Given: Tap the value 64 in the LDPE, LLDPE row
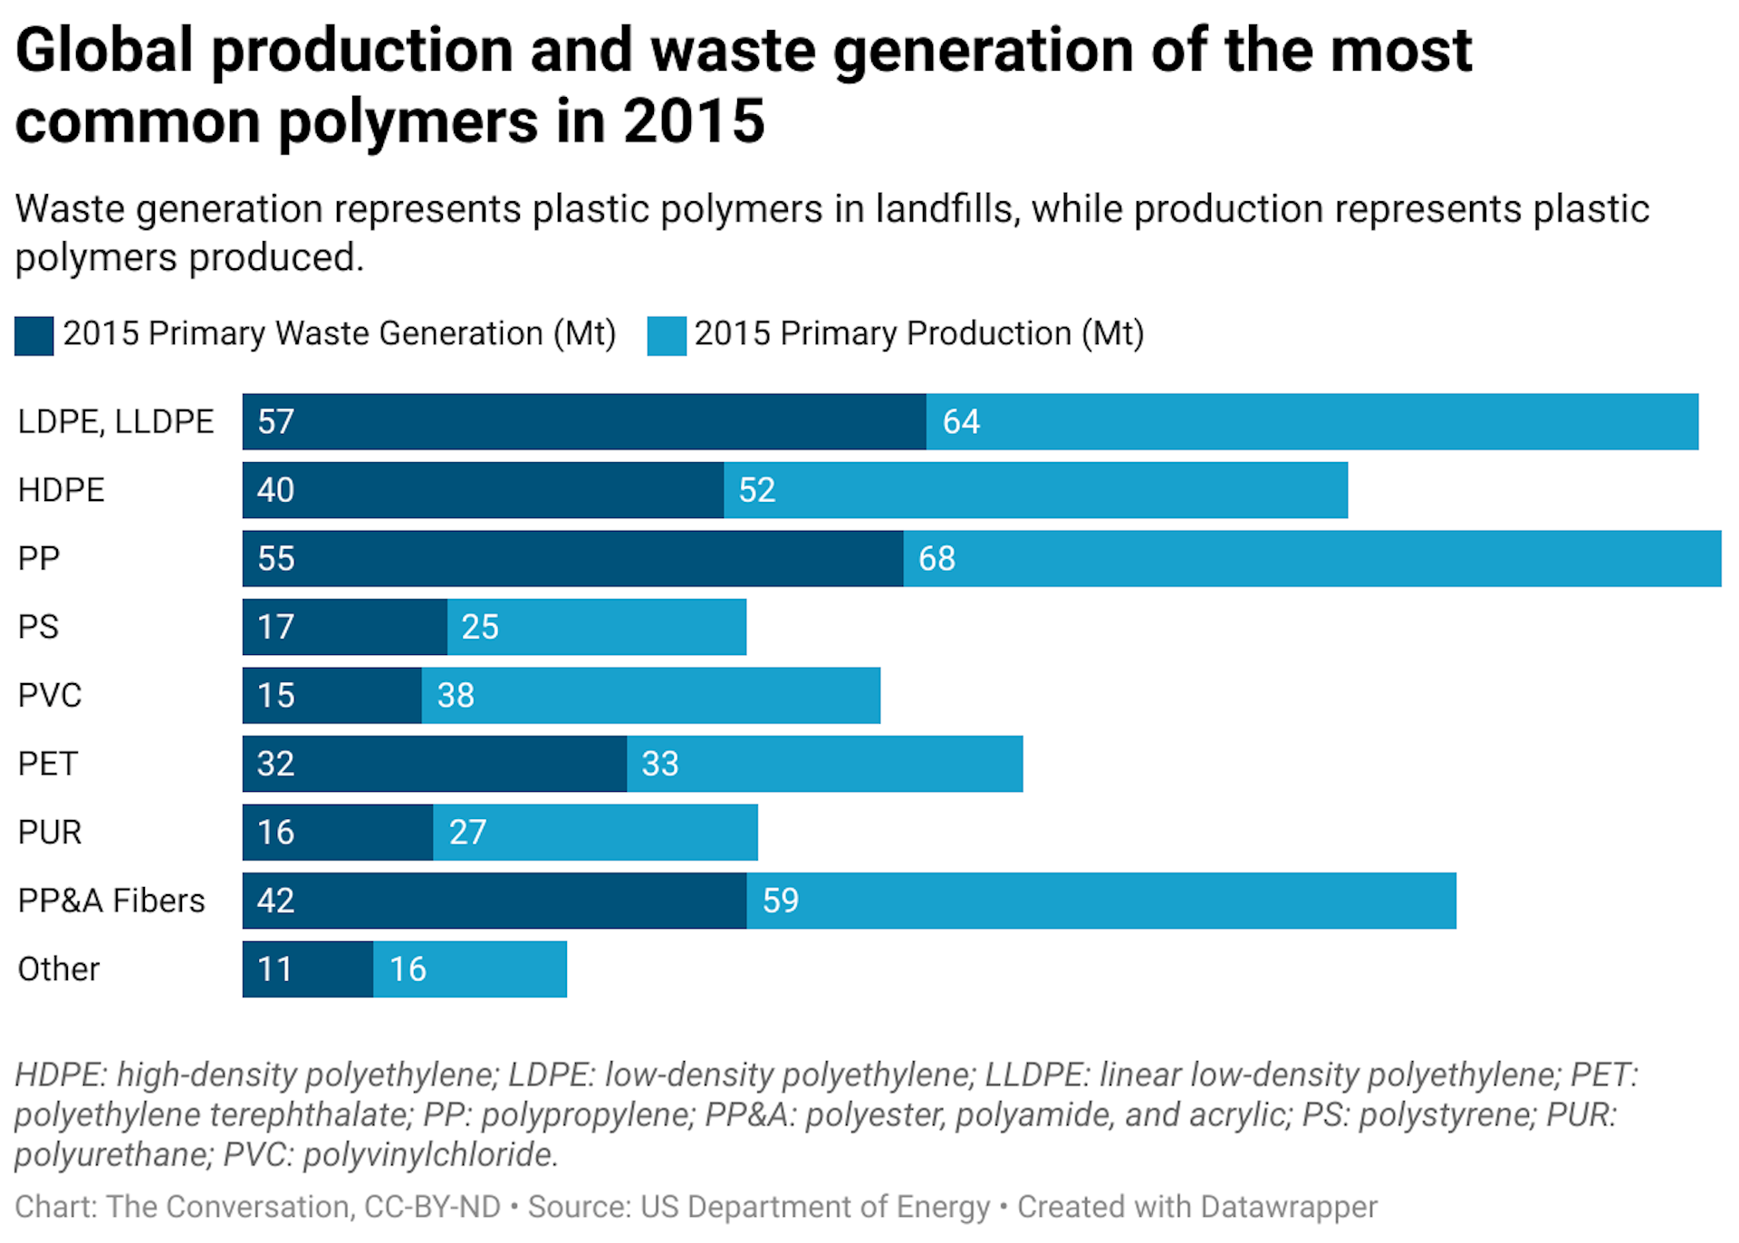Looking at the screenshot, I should [961, 422].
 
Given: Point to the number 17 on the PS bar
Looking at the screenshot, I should [275, 627].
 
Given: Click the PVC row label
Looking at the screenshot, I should [50, 696].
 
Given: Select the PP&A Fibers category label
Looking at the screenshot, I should [111, 901].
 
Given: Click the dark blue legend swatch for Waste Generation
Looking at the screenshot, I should [34, 335].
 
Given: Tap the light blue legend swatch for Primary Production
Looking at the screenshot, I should [667, 335].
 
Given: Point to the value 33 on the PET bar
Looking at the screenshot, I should [659, 764].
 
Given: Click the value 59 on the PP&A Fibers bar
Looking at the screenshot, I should [780, 901].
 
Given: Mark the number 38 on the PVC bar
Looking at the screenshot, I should [456, 696].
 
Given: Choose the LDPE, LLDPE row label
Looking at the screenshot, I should [116, 422].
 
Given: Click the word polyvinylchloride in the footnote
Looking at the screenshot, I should [428, 1155].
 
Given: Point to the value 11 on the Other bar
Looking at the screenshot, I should [274, 969].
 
